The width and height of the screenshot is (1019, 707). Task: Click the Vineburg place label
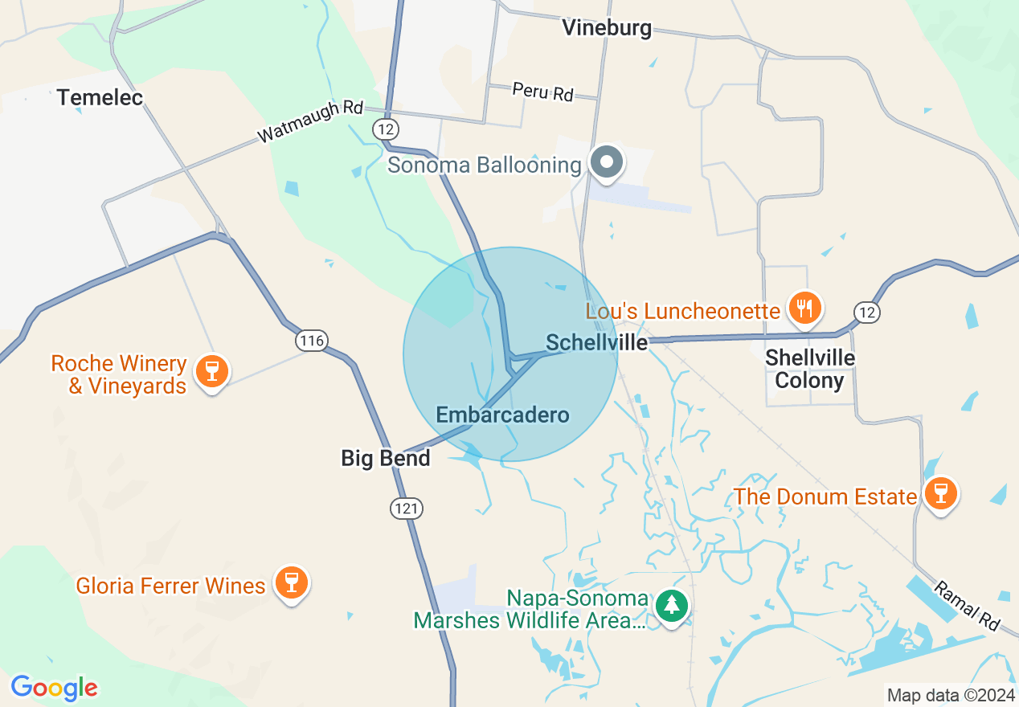pyautogui.click(x=607, y=28)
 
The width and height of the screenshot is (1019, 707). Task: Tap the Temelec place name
pyautogui.click(x=100, y=98)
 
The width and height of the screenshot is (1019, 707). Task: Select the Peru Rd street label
pyautogui.click(x=543, y=92)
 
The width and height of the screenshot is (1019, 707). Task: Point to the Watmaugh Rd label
pyautogui.click(x=310, y=122)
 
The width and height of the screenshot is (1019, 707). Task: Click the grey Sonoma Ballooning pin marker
pyautogui.click(x=608, y=162)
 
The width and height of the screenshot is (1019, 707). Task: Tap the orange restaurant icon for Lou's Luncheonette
pyautogui.click(x=804, y=309)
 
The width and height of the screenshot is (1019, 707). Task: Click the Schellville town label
pyautogui.click(x=596, y=343)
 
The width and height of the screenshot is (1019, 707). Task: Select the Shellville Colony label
pyautogui.click(x=809, y=369)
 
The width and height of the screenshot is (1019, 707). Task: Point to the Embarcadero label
pyautogui.click(x=502, y=415)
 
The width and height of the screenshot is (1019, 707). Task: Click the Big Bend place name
pyautogui.click(x=386, y=458)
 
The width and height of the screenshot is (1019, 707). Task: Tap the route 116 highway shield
pyautogui.click(x=311, y=341)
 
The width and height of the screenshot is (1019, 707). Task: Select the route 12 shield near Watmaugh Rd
pyautogui.click(x=384, y=128)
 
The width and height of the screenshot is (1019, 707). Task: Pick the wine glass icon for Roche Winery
pyautogui.click(x=211, y=371)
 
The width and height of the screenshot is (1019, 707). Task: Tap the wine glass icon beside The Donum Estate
pyautogui.click(x=939, y=493)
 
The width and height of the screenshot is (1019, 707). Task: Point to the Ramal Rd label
pyautogui.click(x=967, y=604)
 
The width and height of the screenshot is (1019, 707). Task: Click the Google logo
pyautogui.click(x=54, y=689)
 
